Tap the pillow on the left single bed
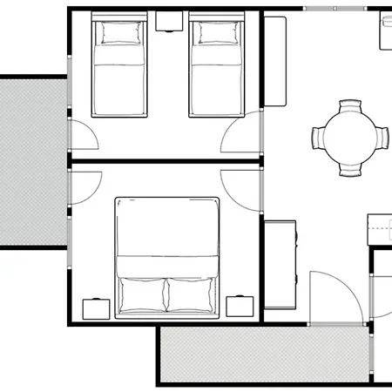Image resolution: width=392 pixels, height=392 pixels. pos(119,34)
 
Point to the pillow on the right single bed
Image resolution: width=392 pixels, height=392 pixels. pos(216,34)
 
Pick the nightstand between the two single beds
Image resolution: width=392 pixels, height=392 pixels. pos(168,21)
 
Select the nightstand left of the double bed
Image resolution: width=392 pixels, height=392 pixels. pos(94,308)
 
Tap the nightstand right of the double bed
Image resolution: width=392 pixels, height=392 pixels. pos(240,307)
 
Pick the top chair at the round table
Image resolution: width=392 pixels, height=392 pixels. pos(350,107)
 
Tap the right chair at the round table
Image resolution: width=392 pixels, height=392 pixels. pos(381,138)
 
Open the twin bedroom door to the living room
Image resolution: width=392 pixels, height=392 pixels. pos(242,139)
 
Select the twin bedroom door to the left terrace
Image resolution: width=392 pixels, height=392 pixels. pos(84,139)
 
